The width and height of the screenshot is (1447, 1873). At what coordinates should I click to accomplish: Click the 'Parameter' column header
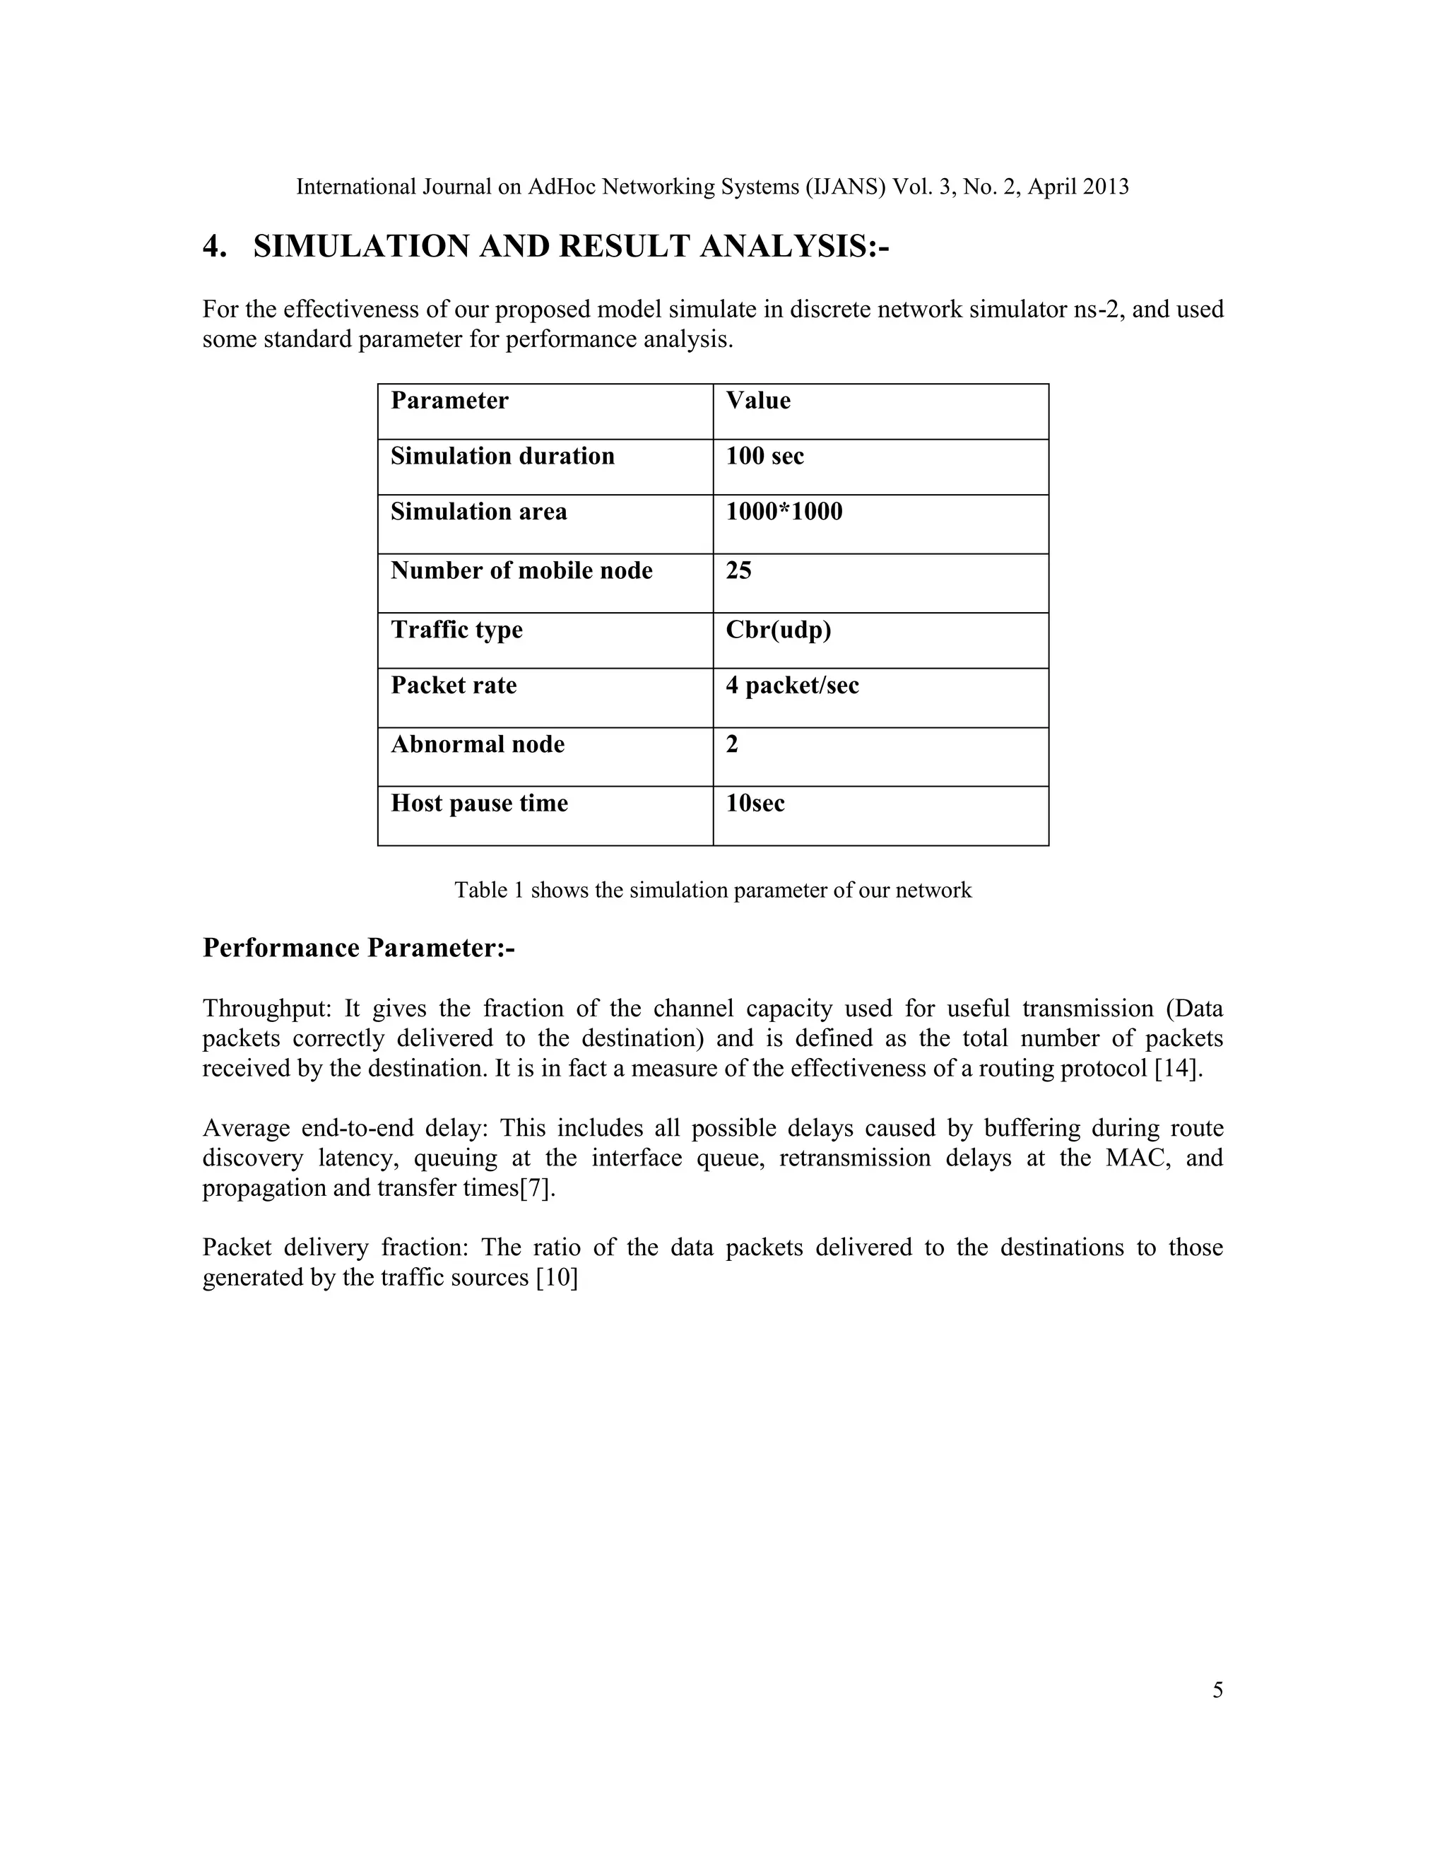click(x=449, y=401)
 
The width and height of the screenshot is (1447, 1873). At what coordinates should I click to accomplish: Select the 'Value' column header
click(x=758, y=401)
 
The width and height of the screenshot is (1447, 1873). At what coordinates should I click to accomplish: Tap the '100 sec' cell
click(x=764, y=457)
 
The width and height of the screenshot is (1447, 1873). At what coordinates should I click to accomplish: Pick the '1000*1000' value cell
click(x=784, y=512)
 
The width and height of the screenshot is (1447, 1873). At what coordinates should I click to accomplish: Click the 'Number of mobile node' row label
click(x=521, y=571)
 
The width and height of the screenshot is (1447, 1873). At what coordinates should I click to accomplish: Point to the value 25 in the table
click(x=738, y=571)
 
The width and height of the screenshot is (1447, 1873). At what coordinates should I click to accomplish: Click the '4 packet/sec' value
click(x=792, y=686)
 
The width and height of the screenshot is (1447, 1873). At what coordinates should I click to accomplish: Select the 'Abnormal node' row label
click(x=478, y=744)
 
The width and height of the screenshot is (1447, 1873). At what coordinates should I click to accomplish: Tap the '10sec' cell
click(x=755, y=804)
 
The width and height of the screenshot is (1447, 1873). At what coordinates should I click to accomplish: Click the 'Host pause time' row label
click(x=479, y=804)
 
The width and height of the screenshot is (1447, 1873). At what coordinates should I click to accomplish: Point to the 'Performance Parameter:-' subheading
click(x=358, y=949)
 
